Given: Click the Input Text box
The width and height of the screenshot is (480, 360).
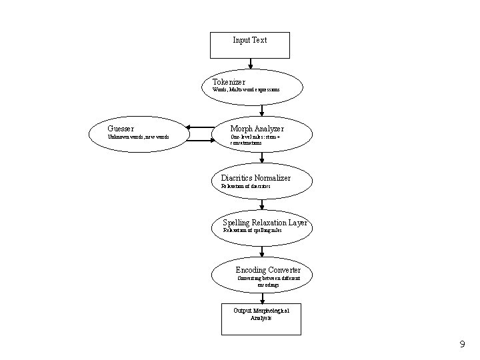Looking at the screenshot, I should pos(250,45).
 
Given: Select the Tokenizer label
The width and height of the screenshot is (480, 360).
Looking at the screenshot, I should pos(224,82).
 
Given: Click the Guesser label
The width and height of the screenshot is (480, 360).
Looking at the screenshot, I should pos(121,128).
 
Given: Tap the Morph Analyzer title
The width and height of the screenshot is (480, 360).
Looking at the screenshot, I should pos(257,128).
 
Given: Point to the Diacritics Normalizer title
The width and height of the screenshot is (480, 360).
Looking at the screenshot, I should pos(255,178).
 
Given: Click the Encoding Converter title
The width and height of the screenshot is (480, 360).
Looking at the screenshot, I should pos(268,270).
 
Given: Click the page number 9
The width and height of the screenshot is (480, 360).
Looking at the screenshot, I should pos(461,345).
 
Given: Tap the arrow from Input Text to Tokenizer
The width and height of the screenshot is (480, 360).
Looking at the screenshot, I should pos(250,64).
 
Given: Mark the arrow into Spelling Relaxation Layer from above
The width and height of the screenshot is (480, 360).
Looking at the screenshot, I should pos(262,205).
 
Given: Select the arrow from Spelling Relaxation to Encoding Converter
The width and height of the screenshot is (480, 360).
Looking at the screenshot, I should pos(262,252).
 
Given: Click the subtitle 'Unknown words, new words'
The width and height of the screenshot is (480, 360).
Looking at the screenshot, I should pos(138,137).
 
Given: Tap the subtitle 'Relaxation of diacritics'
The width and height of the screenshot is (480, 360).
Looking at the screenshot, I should pos(245,186).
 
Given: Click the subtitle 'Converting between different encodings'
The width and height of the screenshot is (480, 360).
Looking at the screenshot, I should pos(269,281).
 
